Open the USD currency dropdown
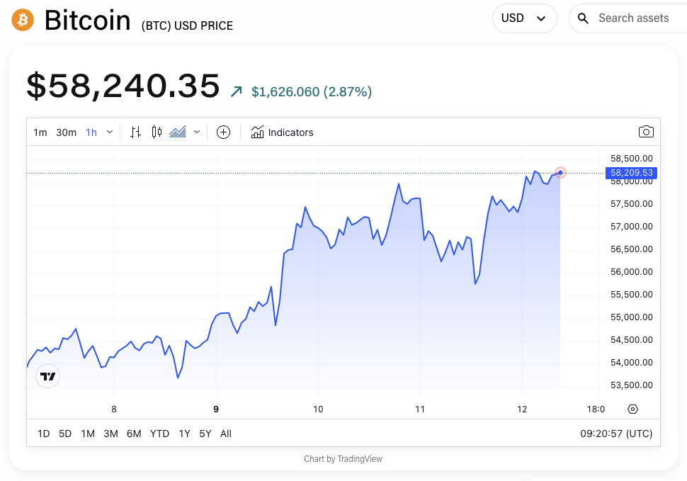pos(524,18)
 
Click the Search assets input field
pos(633,18)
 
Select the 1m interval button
pos(40,132)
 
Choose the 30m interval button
pos(66,132)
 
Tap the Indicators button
pos(282,132)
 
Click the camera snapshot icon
pos(645,132)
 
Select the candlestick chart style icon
pos(157,132)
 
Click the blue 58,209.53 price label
pos(631,173)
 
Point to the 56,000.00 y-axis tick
pos(631,272)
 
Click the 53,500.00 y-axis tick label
pos(631,385)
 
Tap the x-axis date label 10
pos(318,409)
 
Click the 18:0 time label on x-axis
pos(596,409)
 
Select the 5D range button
pos(65,434)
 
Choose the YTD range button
pos(159,434)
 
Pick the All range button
pos(226,434)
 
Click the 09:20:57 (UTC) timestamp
pos(616,434)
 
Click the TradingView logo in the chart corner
pos(48,376)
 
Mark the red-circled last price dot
pos(560,172)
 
